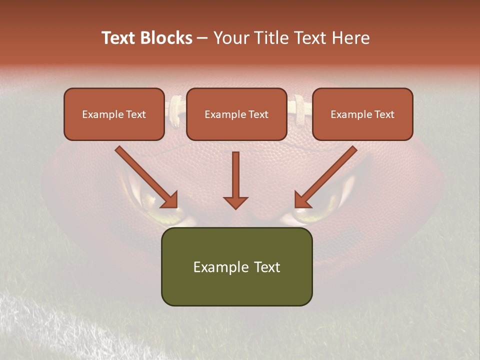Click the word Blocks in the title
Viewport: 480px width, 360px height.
[167, 38]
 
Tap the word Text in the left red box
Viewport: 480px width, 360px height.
[136, 114]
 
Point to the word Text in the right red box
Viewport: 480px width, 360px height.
[384, 114]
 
